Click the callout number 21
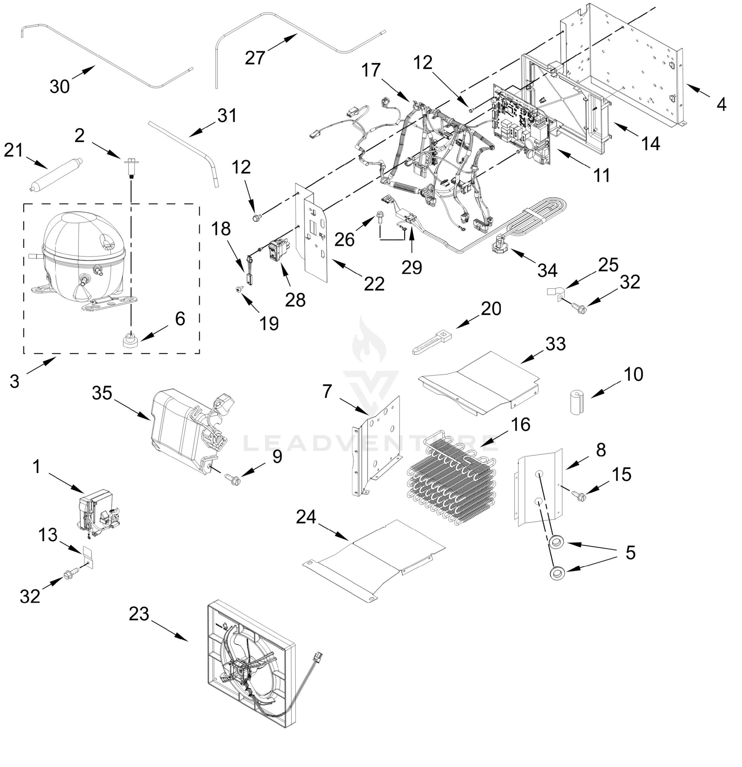14,150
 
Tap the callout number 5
630,553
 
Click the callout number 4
721,105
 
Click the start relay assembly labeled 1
96,509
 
